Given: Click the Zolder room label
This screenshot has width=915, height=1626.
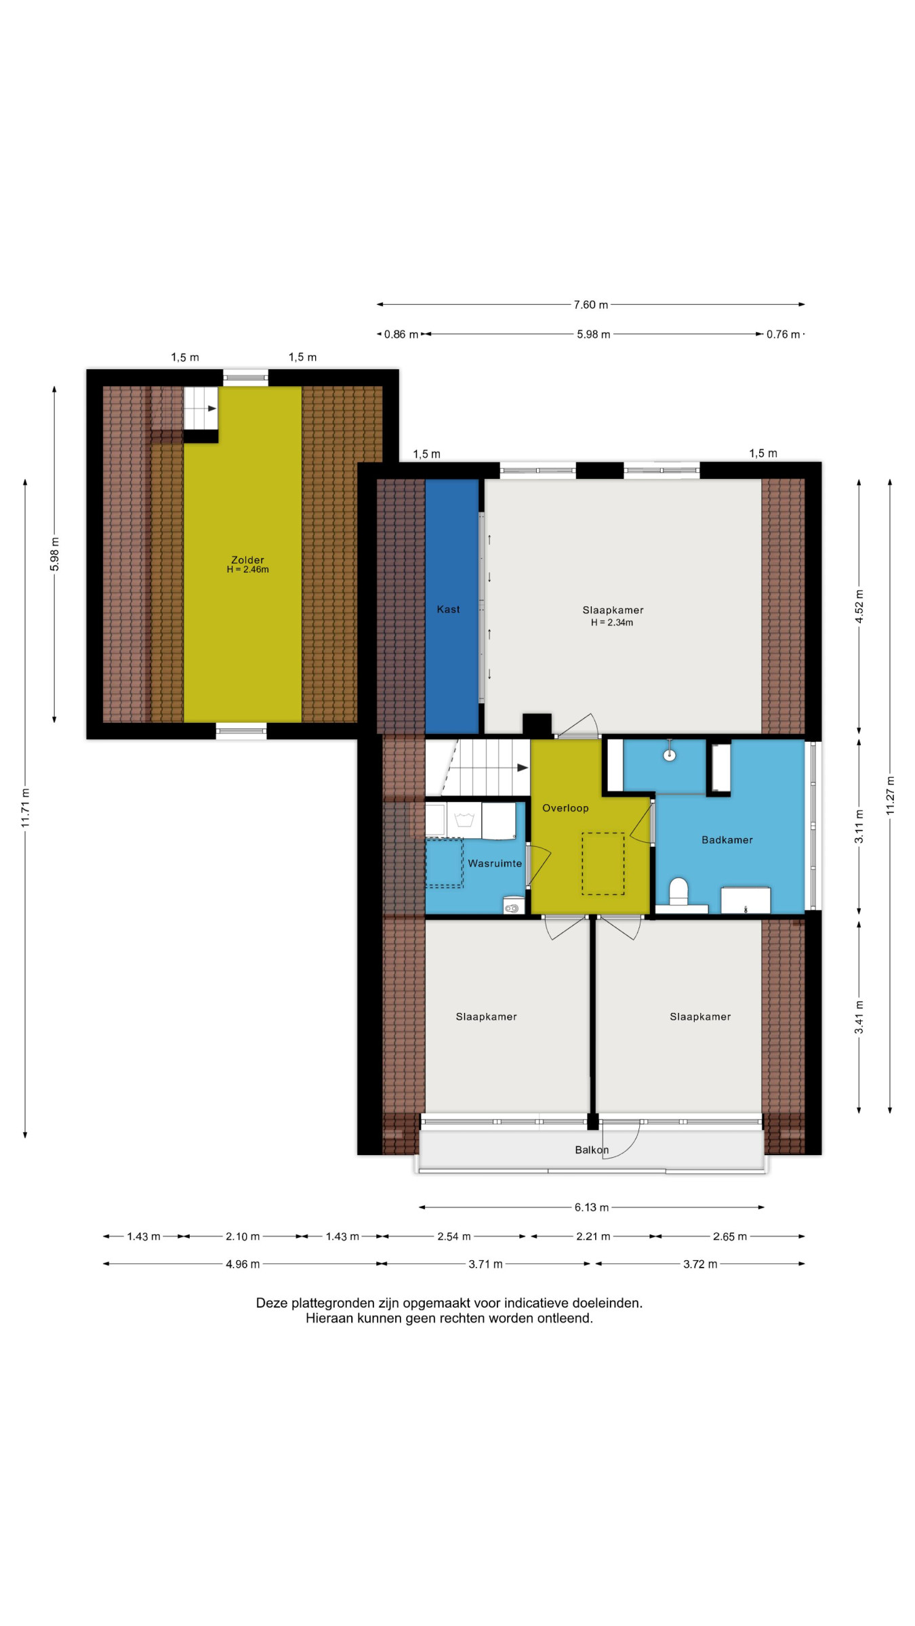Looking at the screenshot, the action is point(247,560).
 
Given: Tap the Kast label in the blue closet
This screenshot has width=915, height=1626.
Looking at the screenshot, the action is point(448,609).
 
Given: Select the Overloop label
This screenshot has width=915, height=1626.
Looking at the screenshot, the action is point(565,808).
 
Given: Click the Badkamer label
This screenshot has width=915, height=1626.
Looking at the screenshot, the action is point(727,839).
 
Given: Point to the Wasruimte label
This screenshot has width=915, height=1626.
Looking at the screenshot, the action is point(495,863).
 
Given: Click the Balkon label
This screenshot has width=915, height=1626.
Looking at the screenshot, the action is point(592,1150).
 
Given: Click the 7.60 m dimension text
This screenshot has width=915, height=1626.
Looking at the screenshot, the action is point(591,305).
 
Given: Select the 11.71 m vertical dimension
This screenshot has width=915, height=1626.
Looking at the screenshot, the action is point(26,808).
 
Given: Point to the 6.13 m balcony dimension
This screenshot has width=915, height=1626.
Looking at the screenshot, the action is point(592,1207).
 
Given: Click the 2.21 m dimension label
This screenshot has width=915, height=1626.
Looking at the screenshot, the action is point(593,1236).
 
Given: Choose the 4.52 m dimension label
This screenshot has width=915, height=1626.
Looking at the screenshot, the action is point(859,606).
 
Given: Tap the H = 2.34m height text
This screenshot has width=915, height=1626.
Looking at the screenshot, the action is point(612,623).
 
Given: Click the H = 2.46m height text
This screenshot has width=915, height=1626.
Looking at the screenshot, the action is point(247,570).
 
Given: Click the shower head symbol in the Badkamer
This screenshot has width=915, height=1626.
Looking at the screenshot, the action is point(670,754).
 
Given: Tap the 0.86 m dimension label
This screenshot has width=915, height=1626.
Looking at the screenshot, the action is point(401,334).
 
